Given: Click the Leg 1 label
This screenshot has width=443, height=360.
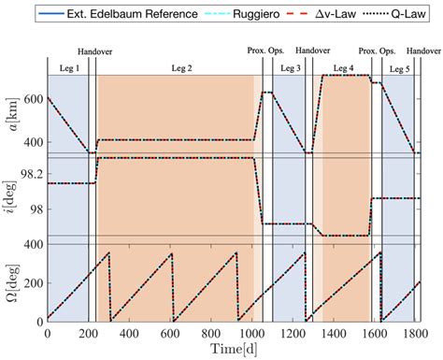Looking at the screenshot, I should [68, 68].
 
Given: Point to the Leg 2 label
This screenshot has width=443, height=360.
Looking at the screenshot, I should [175, 68].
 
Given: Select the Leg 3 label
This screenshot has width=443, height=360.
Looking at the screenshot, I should [291, 68].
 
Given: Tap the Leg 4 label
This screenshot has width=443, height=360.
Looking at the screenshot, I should [344, 68].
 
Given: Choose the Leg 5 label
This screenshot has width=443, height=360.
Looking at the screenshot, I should [399, 68].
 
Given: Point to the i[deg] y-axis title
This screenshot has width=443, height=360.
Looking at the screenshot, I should [12, 196].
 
